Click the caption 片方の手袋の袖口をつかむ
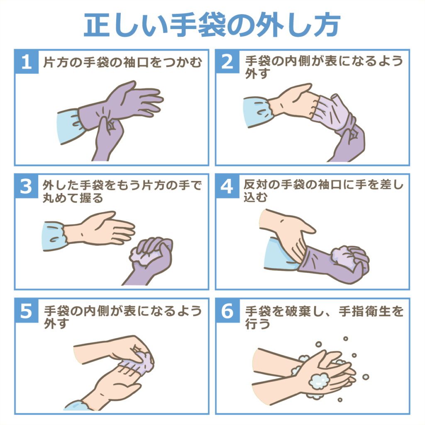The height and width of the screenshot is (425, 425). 123,62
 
